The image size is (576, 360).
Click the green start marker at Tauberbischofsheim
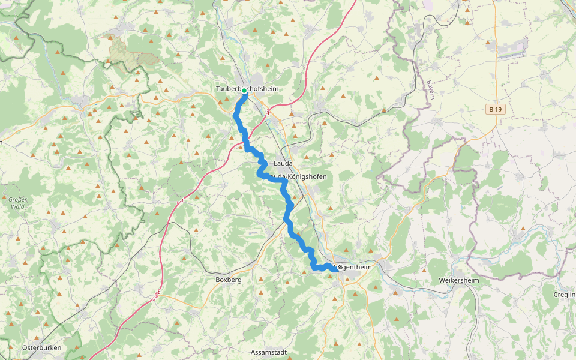(244, 91)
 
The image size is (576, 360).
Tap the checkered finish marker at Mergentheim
(340, 268)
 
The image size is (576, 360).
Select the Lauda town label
(283, 163)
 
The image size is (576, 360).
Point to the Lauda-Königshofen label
(296, 176)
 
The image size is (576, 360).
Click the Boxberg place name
(228, 280)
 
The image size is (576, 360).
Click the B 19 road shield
(494, 109)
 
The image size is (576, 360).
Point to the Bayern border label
(430, 91)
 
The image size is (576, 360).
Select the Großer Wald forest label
(17, 203)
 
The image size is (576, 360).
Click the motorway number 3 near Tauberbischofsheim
(268, 112)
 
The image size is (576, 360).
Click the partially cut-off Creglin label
(565, 294)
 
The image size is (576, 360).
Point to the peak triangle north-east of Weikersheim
(524, 229)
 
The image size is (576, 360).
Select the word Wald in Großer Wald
(17, 206)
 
